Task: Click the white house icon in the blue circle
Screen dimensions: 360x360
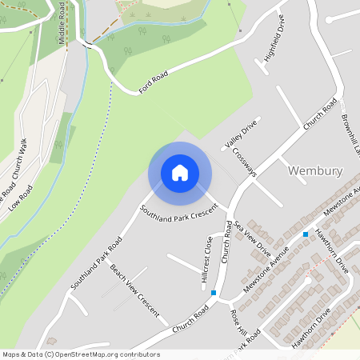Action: point(180,173)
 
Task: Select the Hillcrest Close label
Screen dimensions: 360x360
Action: point(207,259)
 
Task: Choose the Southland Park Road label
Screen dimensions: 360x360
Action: point(96,262)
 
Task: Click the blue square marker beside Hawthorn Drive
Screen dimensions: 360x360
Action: point(306,234)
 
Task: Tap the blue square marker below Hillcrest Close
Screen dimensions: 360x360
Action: point(213,294)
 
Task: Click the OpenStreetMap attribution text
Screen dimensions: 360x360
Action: point(81,354)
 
